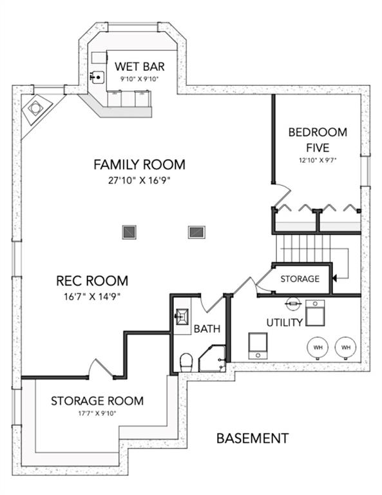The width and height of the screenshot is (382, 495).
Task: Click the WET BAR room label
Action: pyautogui.click(x=139, y=66)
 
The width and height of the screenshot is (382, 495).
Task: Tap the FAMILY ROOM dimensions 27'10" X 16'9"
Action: pyautogui.click(x=139, y=180)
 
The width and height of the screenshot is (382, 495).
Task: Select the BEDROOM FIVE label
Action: pyautogui.click(x=318, y=139)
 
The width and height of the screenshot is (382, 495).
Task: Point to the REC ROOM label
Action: pyautogui.click(x=92, y=280)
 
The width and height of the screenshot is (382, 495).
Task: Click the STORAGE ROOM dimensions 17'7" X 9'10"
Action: pyautogui.click(x=97, y=413)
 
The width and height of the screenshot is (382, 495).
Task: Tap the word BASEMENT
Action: pyautogui.click(x=253, y=438)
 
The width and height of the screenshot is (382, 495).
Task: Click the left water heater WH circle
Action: pyautogui.click(x=318, y=347)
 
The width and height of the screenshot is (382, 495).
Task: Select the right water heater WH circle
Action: pyautogui.click(x=346, y=347)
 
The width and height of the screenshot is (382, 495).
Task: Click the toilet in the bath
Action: pyautogui.click(x=186, y=362)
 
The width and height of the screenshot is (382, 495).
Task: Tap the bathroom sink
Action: pyautogui.click(x=182, y=316)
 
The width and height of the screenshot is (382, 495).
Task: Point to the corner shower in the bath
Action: pyautogui.click(x=213, y=358)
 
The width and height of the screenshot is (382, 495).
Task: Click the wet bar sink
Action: pyautogui.click(x=97, y=77)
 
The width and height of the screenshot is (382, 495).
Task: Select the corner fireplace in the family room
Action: pyautogui.click(x=35, y=109)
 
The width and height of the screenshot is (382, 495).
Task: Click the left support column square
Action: pyautogui.click(x=129, y=232)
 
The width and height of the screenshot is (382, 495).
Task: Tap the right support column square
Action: pyautogui.click(x=196, y=232)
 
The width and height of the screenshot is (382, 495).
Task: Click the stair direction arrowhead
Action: pyautogui.click(x=334, y=278)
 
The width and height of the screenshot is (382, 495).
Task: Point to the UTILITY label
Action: pyautogui.click(x=285, y=323)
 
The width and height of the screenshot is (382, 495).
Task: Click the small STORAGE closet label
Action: pyautogui.click(x=300, y=278)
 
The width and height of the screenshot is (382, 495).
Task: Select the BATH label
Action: pyautogui.click(x=207, y=329)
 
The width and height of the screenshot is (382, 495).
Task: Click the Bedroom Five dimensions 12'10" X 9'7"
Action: pyautogui.click(x=318, y=160)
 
